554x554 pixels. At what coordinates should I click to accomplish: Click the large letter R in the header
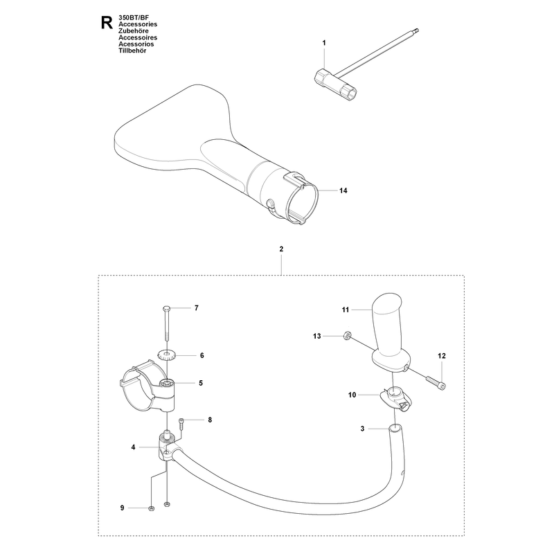[107, 23]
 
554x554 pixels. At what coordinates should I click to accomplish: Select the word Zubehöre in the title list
[134, 30]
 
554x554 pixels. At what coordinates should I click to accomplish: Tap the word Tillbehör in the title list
[132, 51]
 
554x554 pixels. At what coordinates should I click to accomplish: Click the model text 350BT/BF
[134, 17]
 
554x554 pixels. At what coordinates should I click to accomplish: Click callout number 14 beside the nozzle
[343, 190]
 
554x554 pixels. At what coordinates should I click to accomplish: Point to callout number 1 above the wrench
[324, 43]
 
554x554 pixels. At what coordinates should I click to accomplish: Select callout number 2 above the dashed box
[281, 249]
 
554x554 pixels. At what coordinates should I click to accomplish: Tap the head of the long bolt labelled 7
[166, 308]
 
